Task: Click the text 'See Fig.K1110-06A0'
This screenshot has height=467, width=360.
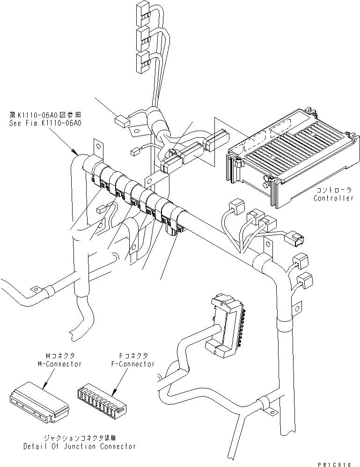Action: (x=45, y=123)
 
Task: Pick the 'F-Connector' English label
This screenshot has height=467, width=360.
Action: (x=133, y=364)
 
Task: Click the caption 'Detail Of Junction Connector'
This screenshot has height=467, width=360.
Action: (x=80, y=446)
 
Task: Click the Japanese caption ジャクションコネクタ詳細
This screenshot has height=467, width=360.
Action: (x=80, y=438)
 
